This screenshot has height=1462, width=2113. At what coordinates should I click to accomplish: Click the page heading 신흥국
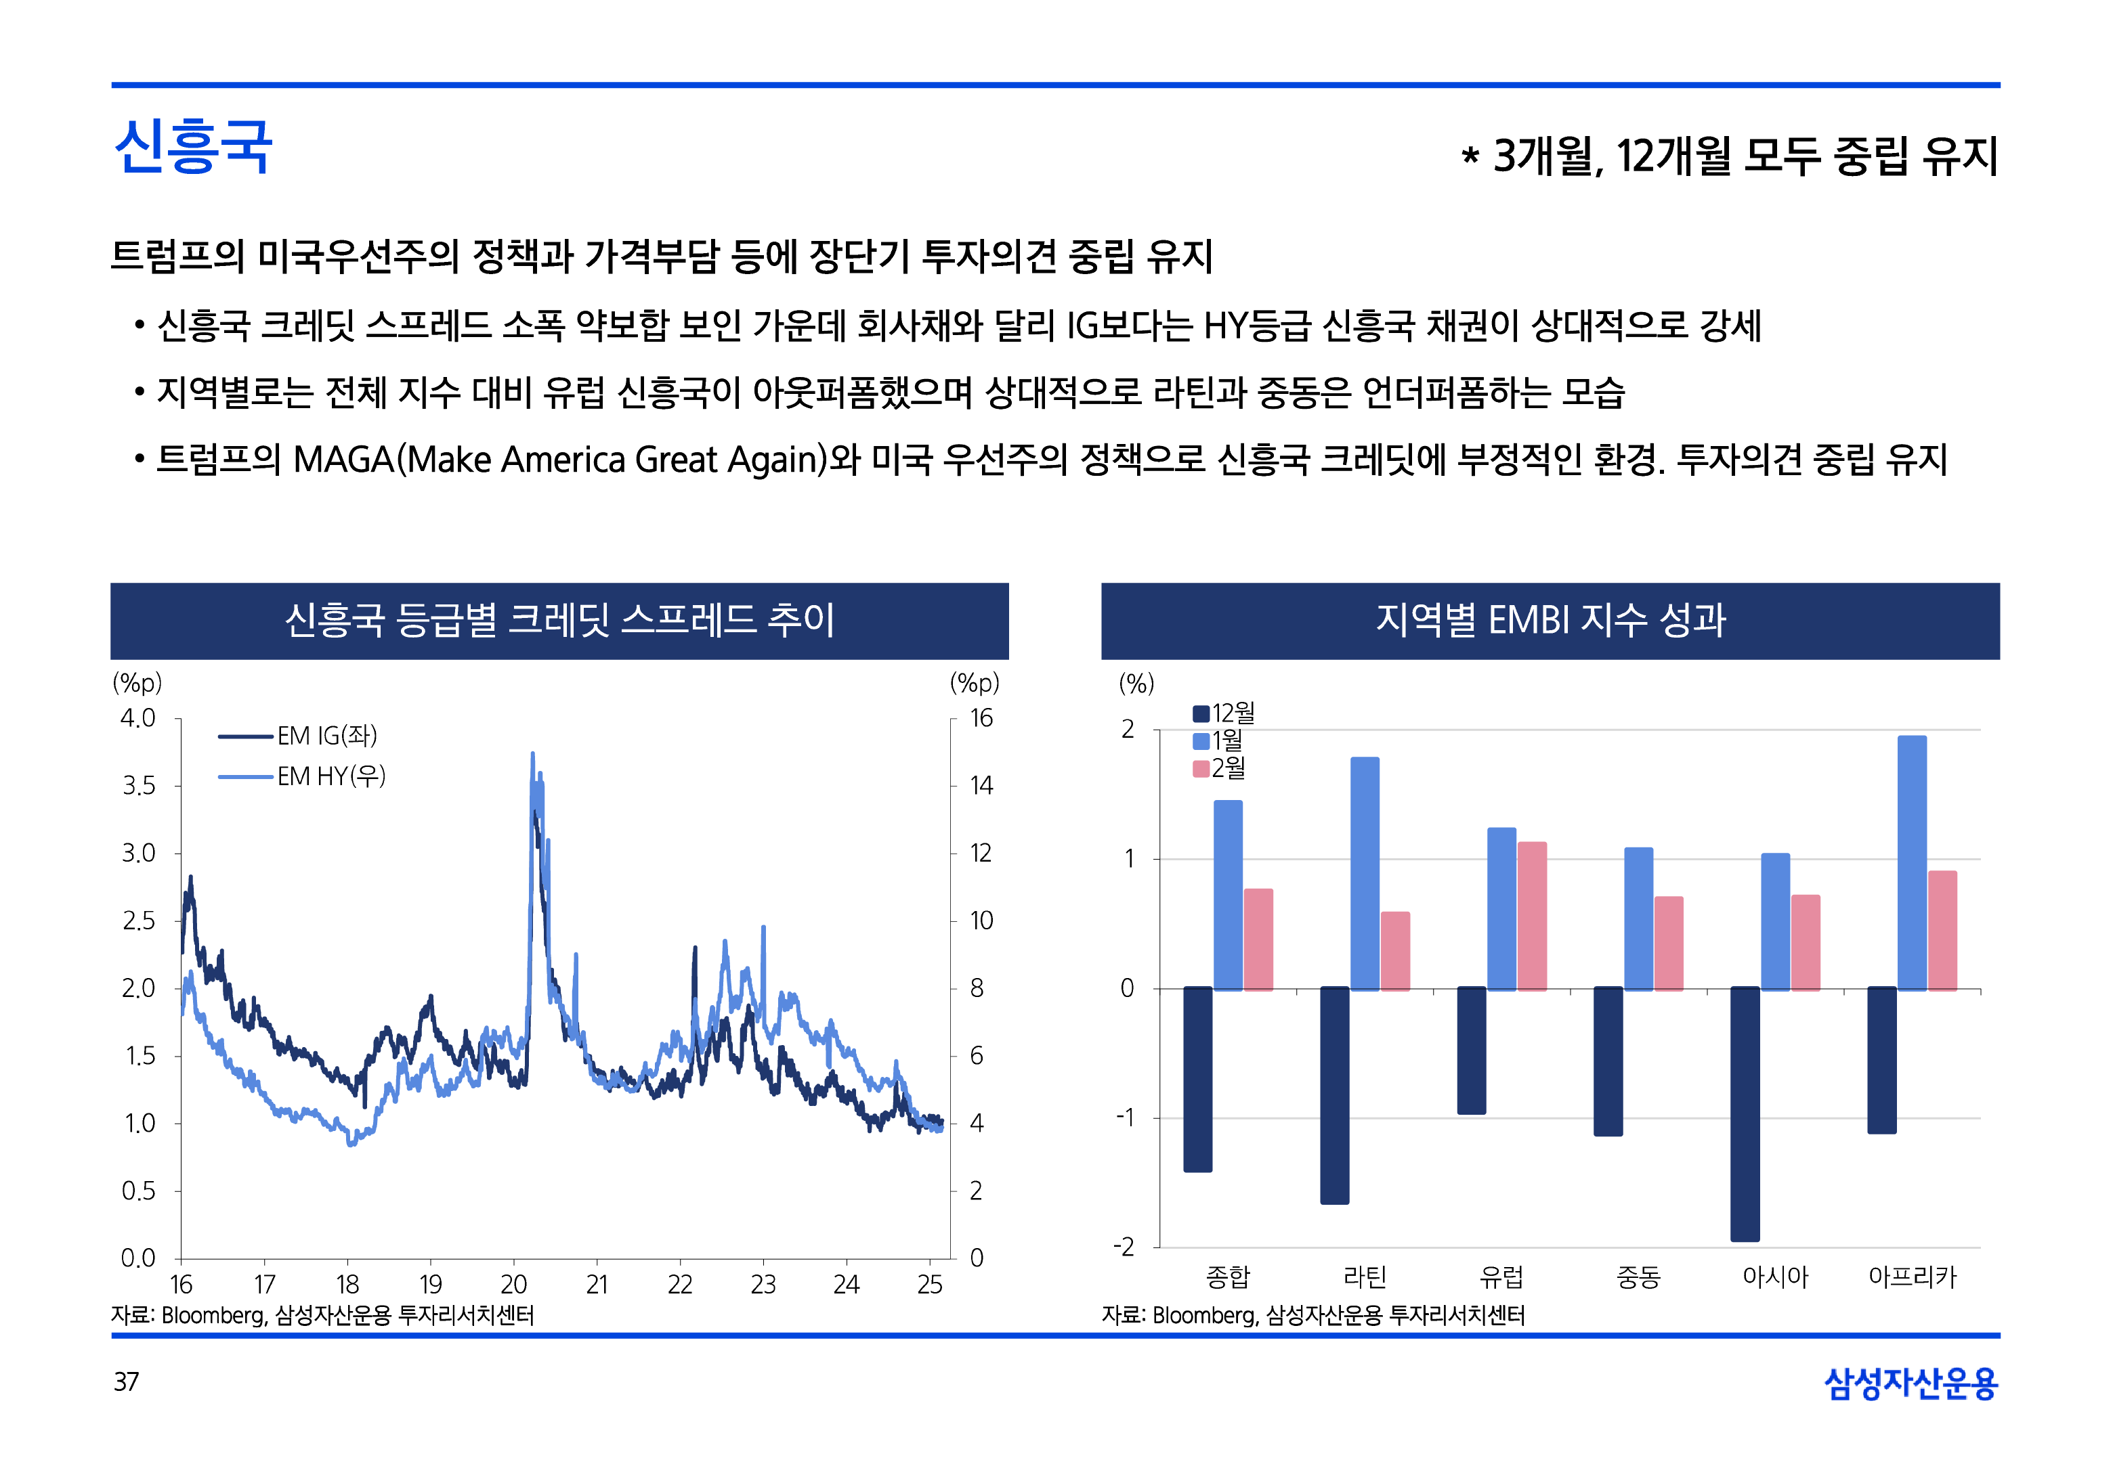[193, 147]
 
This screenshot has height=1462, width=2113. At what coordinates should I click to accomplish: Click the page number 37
[127, 1381]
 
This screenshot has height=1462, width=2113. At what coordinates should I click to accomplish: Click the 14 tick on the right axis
[981, 786]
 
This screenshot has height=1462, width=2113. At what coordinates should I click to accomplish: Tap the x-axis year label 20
[513, 1284]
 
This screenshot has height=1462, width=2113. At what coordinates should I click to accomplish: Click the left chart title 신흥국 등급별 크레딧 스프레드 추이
[559, 620]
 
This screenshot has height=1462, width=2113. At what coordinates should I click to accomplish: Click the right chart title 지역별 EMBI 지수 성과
[1550, 620]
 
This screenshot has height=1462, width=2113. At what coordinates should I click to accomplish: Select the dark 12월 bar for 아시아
[1745, 1113]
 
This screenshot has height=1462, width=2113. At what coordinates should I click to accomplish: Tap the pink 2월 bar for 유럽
[1532, 915]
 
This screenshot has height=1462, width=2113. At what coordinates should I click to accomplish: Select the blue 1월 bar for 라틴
[1365, 873]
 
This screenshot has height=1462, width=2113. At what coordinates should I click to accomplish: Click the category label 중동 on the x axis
[1638, 1276]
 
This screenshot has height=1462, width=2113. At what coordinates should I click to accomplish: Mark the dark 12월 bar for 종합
[1197, 1078]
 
